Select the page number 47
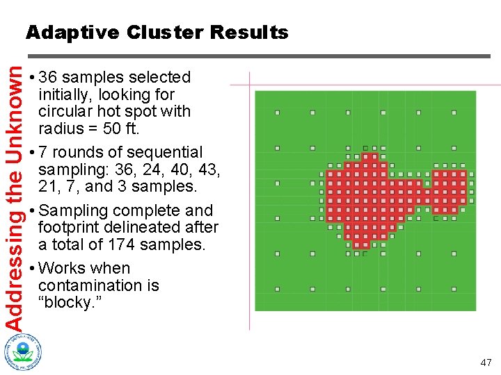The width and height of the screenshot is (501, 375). coord(485,362)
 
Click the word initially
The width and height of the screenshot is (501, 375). coord(67,94)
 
